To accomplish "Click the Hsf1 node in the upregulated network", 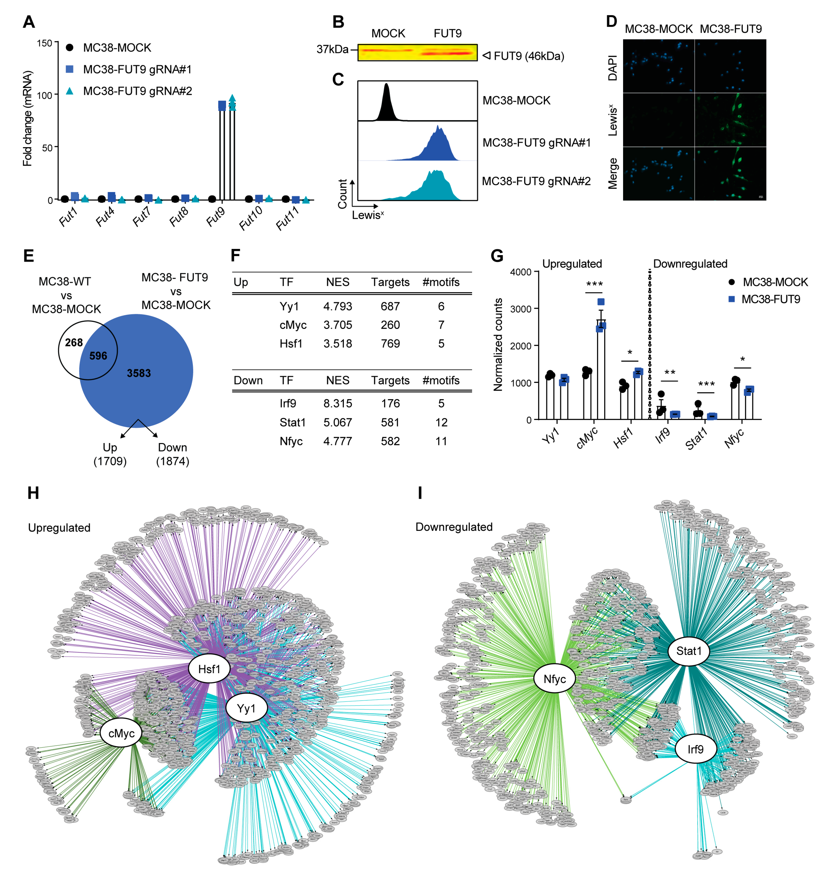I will (x=209, y=669).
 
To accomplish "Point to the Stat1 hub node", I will (x=688, y=651).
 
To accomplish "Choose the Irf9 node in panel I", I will (x=695, y=749).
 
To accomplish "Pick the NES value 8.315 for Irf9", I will (x=338, y=403).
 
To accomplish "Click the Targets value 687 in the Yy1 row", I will (x=390, y=306).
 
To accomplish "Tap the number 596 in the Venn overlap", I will (x=98, y=356).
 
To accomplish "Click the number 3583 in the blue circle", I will (x=139, y=373).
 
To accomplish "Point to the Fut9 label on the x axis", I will (x=216, y=217).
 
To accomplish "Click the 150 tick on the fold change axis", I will (x=44, y=43).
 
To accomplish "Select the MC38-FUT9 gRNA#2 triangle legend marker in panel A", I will (x=70, y=91).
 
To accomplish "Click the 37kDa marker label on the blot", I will (x=332, y=49).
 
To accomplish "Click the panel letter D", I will (x=611, y=21).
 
